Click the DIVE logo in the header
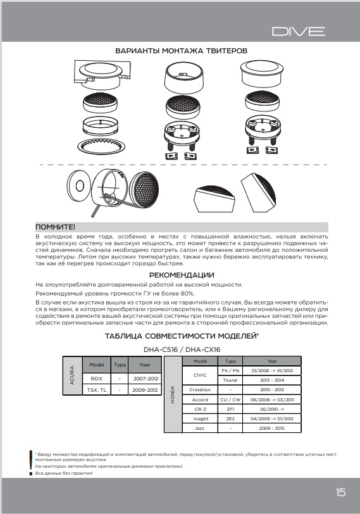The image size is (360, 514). tap(299, 31)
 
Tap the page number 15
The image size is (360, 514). tap(340, 492)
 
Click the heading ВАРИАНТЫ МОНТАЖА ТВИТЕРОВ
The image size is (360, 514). tap(180, 50)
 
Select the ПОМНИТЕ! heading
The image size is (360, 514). tap(56, 227)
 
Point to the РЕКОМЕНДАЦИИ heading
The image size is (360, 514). tap(181, 275)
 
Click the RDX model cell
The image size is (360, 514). tap(96, 378)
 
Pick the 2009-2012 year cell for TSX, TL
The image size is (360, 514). tap(144, 391)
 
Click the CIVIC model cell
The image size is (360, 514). tap(199, 374)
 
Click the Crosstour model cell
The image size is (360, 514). tap(199, 389)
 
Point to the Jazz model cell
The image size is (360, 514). tap(199, 429)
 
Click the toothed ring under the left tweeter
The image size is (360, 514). tap(103, 144)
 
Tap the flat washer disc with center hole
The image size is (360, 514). tap(78, 186)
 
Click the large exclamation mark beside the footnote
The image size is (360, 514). tap(31, 458)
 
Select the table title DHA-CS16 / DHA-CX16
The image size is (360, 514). tap(180, 349)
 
